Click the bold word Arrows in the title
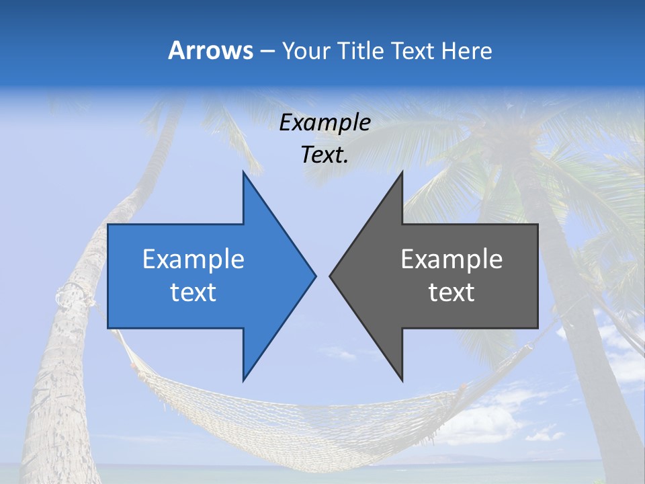(x=210, y=50)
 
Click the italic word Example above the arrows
(x=325, y=122)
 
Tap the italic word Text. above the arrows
(x=325, y=155)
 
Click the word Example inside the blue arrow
(x=193, y=259)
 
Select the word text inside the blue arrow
(x=193, y=292)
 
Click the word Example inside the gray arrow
(x=451, y=259)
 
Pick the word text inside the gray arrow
(x=451, y=292)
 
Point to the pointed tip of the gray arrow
(x=331, y=276)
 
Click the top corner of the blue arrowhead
(x=243, y=173)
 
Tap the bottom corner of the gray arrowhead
(x=402, y=380)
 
